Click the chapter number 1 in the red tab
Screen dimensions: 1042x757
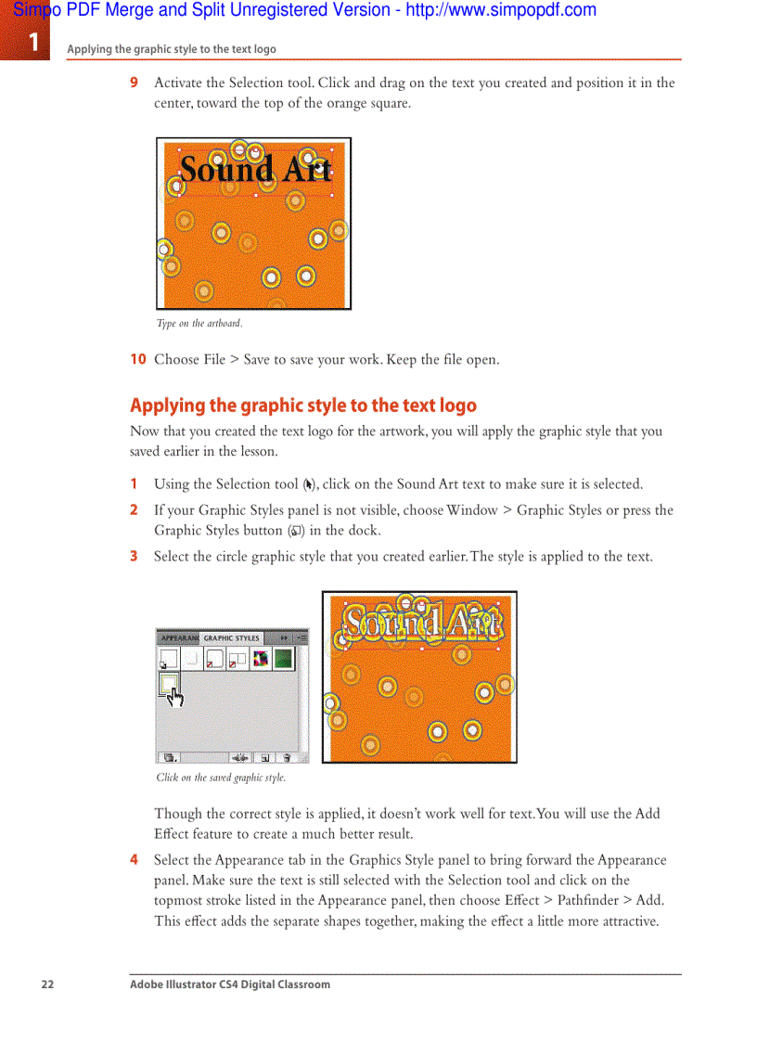pyautogui.click(x=33, y=42)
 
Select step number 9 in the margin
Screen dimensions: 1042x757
pyautogui.click(x=135, y=84)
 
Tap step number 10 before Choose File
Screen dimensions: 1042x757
pyautogui.click(x=137, y=360)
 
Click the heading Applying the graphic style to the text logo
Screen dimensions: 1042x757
pyautogui.click(x=302, y=405)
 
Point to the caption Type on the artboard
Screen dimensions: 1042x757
pyautogui.click(x=199, y=324)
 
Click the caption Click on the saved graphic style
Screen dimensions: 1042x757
pyautogui.click(x=221, y=778)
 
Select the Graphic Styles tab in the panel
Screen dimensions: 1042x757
pyautogui.click(x=231, y=638)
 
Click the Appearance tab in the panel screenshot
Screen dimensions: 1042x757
pyautogui.click(x=178, y=638)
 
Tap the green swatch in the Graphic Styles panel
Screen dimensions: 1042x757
pyautogui.click(x=283, y=659)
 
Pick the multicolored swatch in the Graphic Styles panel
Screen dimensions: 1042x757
pyautogui.click(x=261, y=659)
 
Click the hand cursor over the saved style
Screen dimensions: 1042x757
pyautogui.click(x=173, y=692)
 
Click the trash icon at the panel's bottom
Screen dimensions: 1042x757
pyautogui.click(x=287, y=757)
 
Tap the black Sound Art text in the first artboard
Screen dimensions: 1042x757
pyautogui.click(x=255, y=170)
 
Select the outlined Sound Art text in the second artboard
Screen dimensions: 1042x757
pyautogui.click(x=423, y=624)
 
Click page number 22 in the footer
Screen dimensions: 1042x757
pyautogui.click(x=47, y=984)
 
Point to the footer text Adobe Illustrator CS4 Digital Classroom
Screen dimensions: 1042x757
pyautogui.click(x=229, y=984)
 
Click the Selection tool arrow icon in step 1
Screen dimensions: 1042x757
pyautogui.click(x=309, y=484)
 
